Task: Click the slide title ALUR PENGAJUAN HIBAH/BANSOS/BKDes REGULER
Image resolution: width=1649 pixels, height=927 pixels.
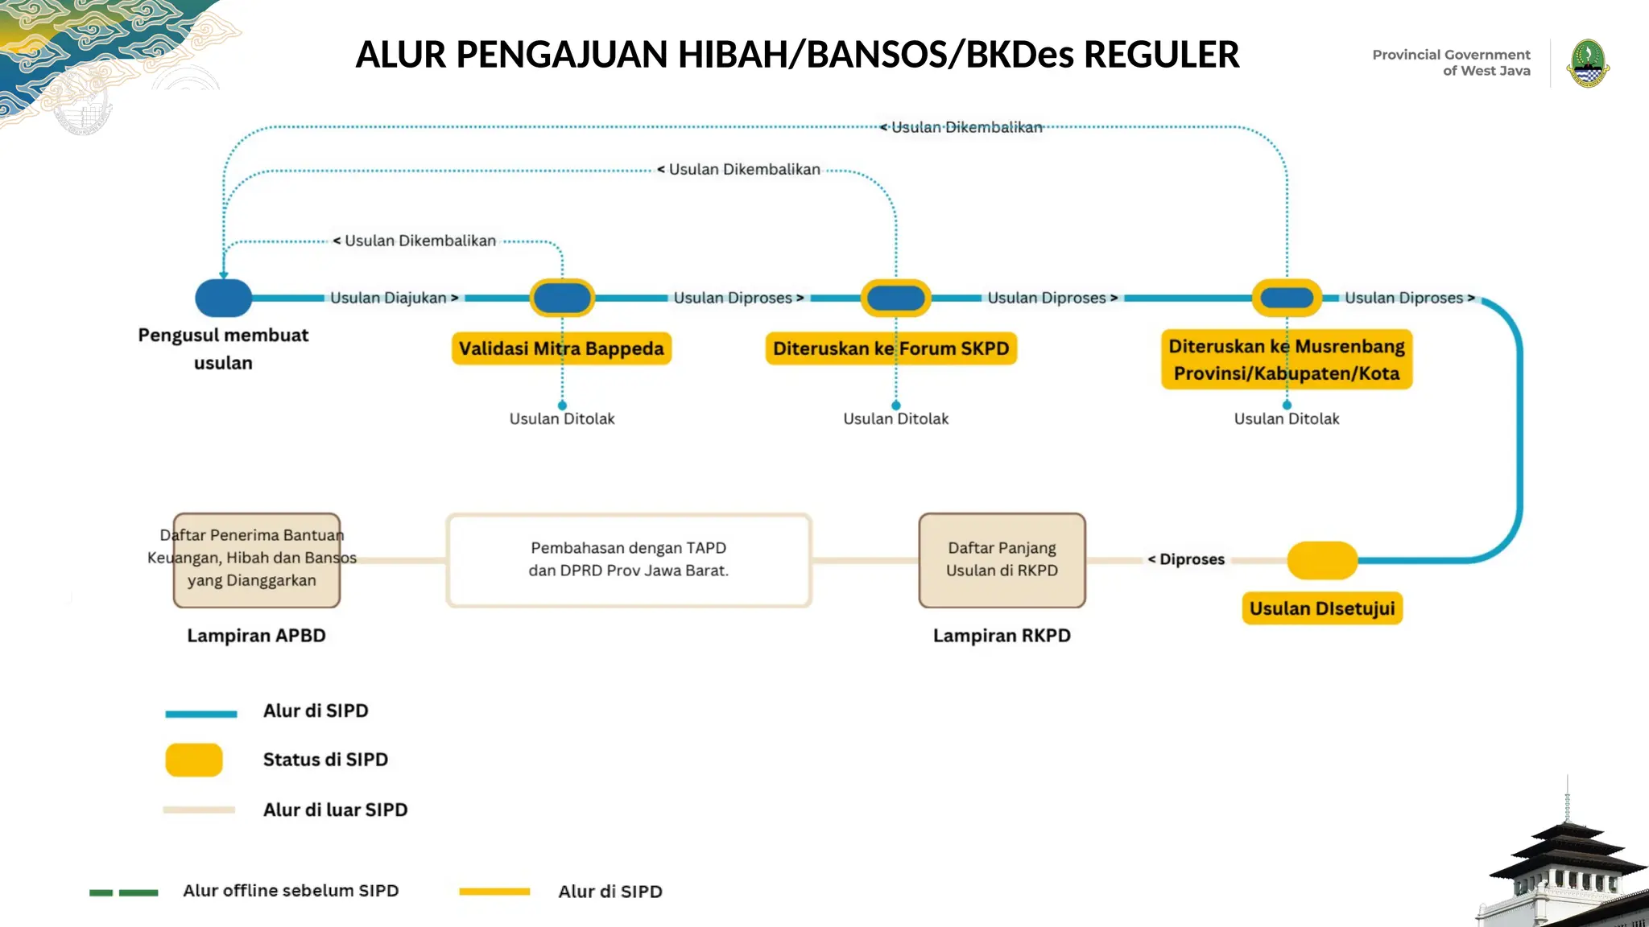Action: click(797, 55)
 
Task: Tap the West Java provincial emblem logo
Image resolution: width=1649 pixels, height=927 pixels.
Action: click(1588, 64)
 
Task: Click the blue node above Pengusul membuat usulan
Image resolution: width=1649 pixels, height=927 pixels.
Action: click(224, 298)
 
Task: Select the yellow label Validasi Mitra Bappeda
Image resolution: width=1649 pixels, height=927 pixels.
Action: click(561, 348)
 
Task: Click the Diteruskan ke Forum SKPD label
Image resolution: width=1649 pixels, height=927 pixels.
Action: click(891, 348)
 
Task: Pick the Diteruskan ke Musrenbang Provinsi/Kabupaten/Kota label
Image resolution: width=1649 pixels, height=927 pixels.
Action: click(1286, 360)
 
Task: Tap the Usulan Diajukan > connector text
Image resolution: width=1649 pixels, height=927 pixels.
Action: click(394, 298)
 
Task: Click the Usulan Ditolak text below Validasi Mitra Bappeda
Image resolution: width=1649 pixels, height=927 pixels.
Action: click(561, 418)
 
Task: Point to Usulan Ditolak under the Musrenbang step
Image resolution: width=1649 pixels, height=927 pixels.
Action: click(1286, 418)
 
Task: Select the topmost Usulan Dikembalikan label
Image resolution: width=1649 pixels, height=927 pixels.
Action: click(965, 127)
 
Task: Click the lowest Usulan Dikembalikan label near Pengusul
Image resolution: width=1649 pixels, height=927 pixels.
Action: click(419, 241)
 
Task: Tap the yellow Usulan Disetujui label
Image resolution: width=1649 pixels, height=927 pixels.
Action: click(1321, 608)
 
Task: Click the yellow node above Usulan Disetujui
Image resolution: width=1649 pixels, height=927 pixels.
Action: click(1321, 560)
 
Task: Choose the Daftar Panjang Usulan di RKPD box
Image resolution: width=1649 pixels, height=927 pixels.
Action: click(1002, 559)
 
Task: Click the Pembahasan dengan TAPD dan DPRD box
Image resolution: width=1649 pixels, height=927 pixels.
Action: click(628, 559)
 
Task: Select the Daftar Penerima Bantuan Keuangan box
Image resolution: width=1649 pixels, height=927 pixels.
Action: click(256, 559)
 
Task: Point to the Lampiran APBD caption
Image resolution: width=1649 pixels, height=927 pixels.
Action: click(256, 636)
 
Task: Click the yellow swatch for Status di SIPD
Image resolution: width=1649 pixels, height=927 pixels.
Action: click(194, 760)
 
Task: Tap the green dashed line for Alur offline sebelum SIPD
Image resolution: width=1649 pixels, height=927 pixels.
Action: click(123, 892)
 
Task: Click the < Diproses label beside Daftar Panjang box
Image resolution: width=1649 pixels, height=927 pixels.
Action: click(1187, 559)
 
